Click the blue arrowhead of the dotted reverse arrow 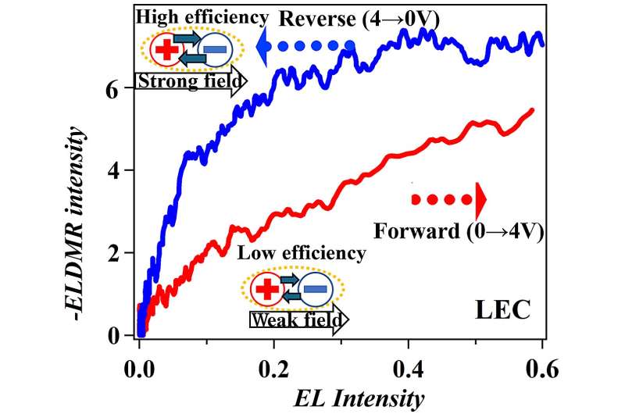coord(263,46)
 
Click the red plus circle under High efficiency coord(165,51)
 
